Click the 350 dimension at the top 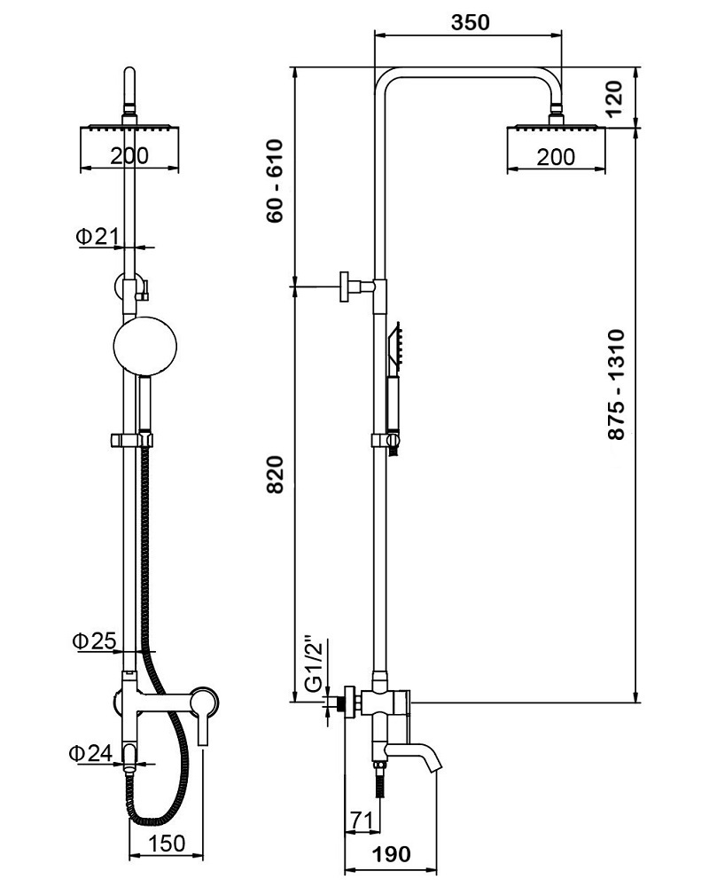tap(470, 22)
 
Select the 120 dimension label tap(613, 98)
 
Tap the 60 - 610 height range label tap(275, 181)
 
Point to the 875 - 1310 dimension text tap(616, 384)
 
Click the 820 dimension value tap(275, 475)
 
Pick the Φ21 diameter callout tap(97, 237)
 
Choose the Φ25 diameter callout tap(94, 641)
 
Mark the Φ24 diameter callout tap(91, 753)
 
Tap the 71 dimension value tap(361, 820)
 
